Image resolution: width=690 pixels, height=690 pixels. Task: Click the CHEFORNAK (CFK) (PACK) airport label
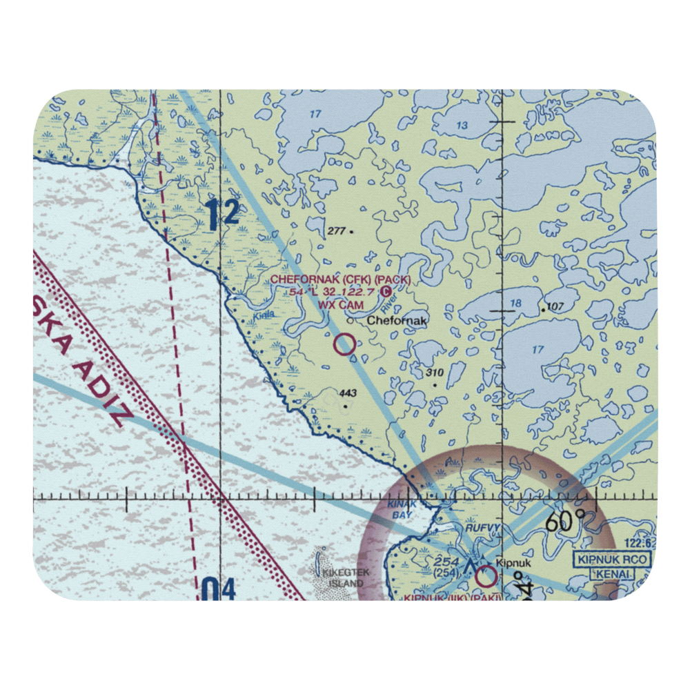(x=340, y=279)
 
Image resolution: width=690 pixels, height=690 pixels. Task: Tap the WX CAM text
(x=340, y=304)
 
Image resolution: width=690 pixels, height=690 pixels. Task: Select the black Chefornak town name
(x=397, y=321)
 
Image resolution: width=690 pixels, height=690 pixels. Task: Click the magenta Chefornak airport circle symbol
(x=344, y=344)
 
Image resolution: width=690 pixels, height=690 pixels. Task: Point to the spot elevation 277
(x=337, y=230)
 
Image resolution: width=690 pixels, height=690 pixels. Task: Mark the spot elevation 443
(x=348, y=394)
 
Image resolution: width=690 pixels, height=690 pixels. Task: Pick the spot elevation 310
(x=434, y=373)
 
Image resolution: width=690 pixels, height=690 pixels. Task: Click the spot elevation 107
(x=555, y=307)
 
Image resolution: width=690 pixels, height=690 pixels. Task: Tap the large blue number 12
(x=222, y=215)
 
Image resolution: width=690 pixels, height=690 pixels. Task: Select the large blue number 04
(x=219, y=591)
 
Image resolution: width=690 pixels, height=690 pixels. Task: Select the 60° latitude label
(x=564, y=522)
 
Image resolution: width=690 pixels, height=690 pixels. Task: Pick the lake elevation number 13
(x=462, y=126)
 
